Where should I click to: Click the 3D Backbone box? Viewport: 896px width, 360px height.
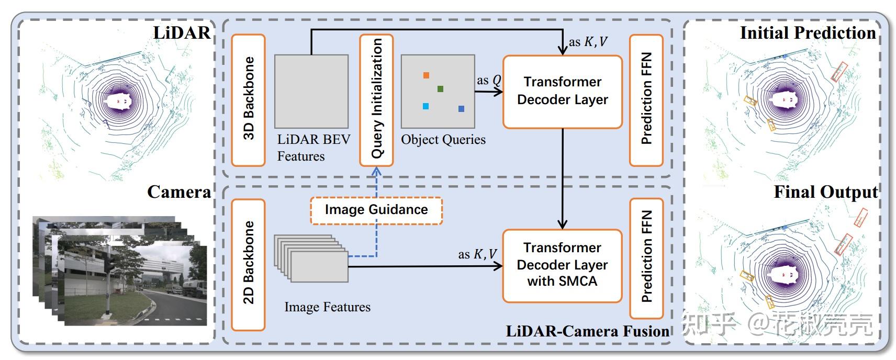click(248, 100)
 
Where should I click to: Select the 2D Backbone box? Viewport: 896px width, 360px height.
click(248, 264)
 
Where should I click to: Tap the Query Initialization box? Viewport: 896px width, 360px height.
click(376, 100)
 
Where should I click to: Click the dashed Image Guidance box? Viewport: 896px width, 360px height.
click(376, 210)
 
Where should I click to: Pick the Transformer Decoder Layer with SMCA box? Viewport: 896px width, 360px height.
click(562, 265)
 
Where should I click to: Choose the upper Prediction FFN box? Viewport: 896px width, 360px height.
click(646, 100)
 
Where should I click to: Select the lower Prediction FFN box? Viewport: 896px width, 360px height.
click(646, 258)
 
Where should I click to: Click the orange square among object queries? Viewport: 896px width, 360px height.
click(426, 75)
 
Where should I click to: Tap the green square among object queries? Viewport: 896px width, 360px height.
click(440, 89)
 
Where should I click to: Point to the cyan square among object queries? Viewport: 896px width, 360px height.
click(425, 107)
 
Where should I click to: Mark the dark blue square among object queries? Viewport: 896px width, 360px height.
click(461, 109)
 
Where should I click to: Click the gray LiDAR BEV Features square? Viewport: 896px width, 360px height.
click(311, 92)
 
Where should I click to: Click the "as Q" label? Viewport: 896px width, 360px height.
click(489, 81)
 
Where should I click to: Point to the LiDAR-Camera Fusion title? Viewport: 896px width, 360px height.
click(587, 331)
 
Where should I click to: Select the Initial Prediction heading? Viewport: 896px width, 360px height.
click(808, 33)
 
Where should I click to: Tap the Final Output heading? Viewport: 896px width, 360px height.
click(825, 192)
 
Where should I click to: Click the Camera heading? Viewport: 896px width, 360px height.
click(179, 192)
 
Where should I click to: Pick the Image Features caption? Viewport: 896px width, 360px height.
click(327, 307)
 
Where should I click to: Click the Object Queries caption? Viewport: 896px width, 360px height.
click(443, 140)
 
